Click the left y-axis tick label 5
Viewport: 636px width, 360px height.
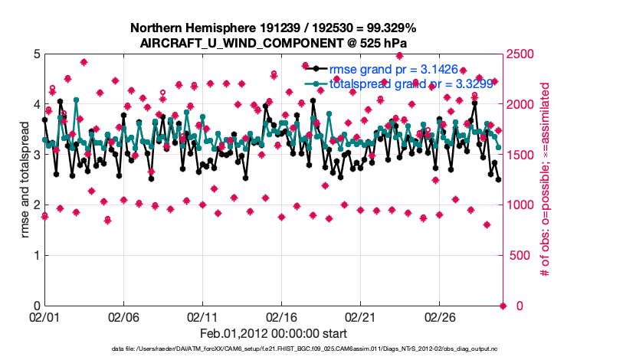click(36, 54)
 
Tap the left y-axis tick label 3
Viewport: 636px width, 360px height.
click(36, 155)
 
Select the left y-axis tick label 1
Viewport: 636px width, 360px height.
click(36, 256)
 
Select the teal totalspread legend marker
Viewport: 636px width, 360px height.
click(313, 83)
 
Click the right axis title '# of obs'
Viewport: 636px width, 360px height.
click(546, 180)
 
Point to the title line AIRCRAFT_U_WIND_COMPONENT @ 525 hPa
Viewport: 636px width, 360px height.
click(273, 42)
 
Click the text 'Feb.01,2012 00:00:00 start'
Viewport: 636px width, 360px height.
click(273, 333)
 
